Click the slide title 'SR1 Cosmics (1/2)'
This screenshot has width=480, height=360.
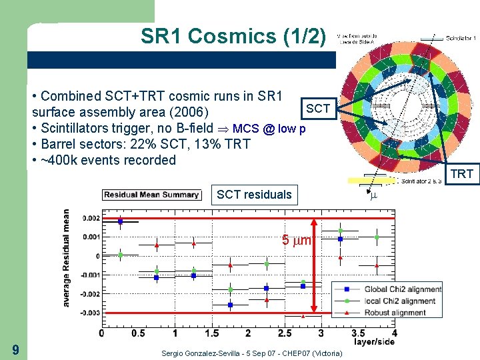click(233, 35)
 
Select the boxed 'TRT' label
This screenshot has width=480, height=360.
click(461, 174)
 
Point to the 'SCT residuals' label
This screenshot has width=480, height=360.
click(253, 195)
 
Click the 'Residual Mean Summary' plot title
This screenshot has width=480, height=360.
click(151, 195)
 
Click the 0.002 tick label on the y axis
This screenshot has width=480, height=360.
click(91, 218)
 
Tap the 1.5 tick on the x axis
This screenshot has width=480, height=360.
click(211, 333)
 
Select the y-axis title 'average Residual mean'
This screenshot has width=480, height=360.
click(67, 259)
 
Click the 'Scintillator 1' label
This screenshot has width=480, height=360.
click(461, 39)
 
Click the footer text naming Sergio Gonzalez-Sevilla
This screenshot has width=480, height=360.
click(253, 353)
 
